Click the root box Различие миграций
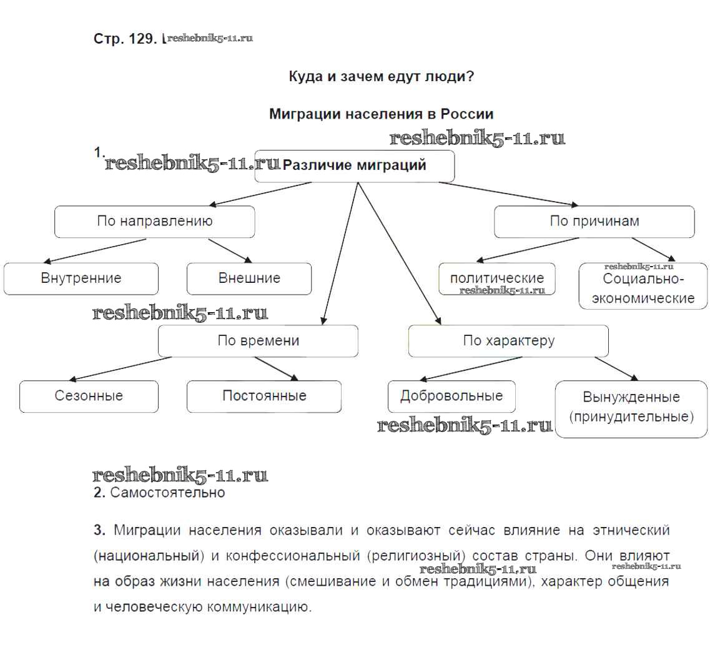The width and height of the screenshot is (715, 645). pos(354,166)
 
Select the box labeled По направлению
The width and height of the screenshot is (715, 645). pos(154,222)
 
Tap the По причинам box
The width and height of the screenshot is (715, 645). pos(594,222)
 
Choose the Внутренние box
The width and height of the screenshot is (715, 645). pos(81,278)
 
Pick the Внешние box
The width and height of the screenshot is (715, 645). pos(249,278)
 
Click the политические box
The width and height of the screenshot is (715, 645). pos(497,278)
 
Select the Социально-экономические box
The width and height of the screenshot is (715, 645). pos(643,287)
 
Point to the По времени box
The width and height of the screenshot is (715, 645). pos(258,341)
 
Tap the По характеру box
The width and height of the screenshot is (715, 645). pos(508,341)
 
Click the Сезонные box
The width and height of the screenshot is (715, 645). pos(89,396)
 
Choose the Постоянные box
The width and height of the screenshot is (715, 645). pos(264,396)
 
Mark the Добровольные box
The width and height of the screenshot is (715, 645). pos(451,396)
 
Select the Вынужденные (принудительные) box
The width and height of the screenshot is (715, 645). pos(631,407)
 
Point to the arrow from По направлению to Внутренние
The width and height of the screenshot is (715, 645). pos(100,250)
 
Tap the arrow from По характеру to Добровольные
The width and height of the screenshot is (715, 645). pos(468,369)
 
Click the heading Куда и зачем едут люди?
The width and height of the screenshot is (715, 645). pos(381,77)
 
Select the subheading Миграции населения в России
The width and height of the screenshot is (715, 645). pos(381,114)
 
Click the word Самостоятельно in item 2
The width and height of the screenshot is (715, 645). pos(167,493)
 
